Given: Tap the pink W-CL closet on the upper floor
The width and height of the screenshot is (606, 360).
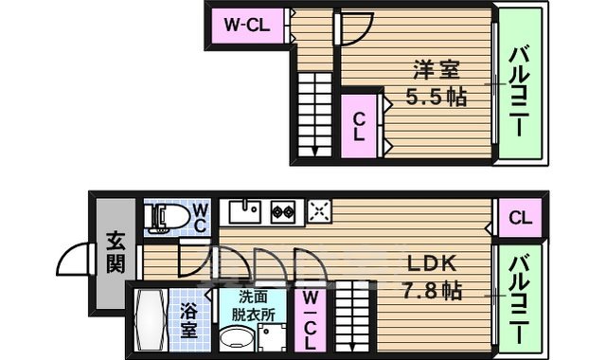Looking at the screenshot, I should (x=246, y=26).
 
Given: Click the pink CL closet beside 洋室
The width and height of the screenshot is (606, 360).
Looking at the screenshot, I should (x=360, y=125).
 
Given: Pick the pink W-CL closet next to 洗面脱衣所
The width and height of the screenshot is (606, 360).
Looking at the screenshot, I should (x=310, y=320).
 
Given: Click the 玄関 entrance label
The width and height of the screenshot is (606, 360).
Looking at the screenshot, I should (x=115, y=252).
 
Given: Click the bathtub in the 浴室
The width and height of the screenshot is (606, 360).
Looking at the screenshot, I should (x=151, y=321).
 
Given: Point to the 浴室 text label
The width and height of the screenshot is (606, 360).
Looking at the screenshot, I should (x=189, y=320).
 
